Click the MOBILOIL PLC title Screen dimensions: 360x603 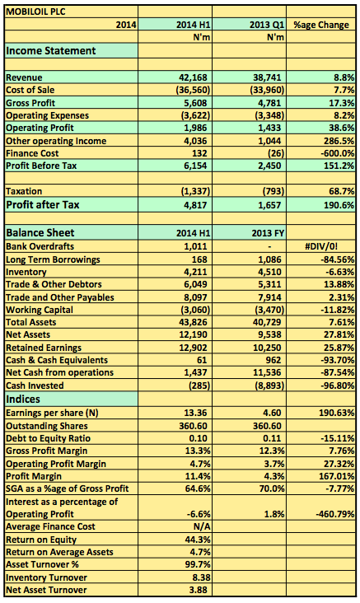pos(35,12)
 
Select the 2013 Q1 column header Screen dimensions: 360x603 pos(267,25)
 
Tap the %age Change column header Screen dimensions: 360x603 pos(321,25)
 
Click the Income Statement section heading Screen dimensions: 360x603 pos(51,51)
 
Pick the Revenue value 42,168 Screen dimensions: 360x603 pos(193,77)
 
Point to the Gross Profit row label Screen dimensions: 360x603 pos(30,103)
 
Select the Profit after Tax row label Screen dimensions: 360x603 pos(42,204)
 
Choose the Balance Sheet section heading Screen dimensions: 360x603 pos(40,232)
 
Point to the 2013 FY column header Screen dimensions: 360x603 pos(267,233)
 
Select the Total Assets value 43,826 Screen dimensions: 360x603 pos(193,322)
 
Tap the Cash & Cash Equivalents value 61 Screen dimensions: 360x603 pos(202,360)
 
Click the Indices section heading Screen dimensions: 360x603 pos(23,399)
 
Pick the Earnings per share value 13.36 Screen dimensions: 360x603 pos(196,413)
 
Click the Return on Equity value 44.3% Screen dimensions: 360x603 pos(198,540)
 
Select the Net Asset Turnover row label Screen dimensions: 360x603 pos(46,590)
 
